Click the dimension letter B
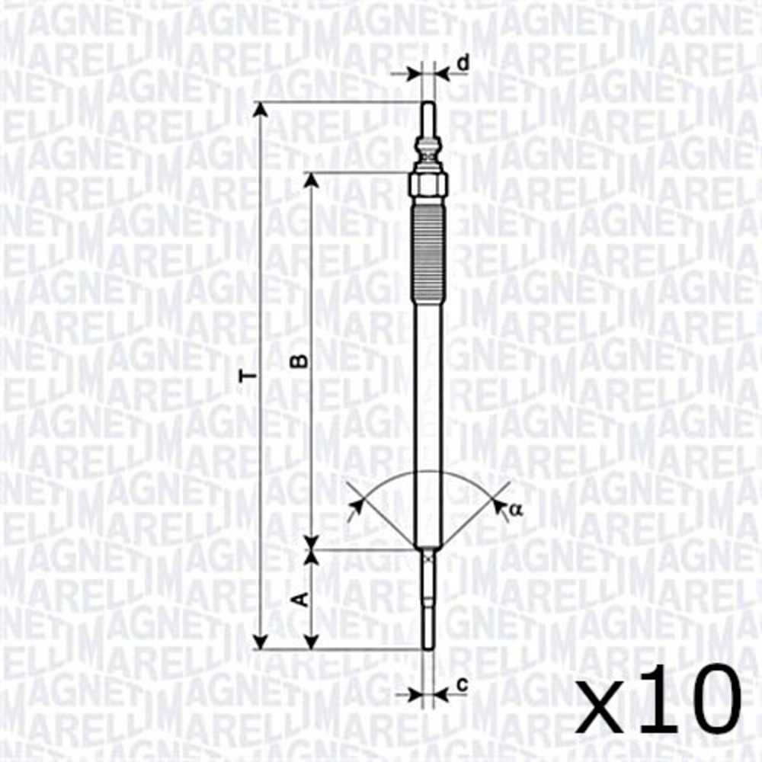tap(303, 360)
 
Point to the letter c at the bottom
tap(462, 684)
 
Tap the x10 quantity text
tap(659, 700)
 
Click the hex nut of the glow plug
tap(427, 184)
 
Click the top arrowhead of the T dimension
tap(261, 108)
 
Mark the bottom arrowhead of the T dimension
tap(261, 642)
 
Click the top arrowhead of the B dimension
tap(310, 179)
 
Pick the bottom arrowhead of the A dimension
tap(310, 642)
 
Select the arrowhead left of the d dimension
tap(415, 74)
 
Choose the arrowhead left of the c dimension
tap(416, 693)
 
